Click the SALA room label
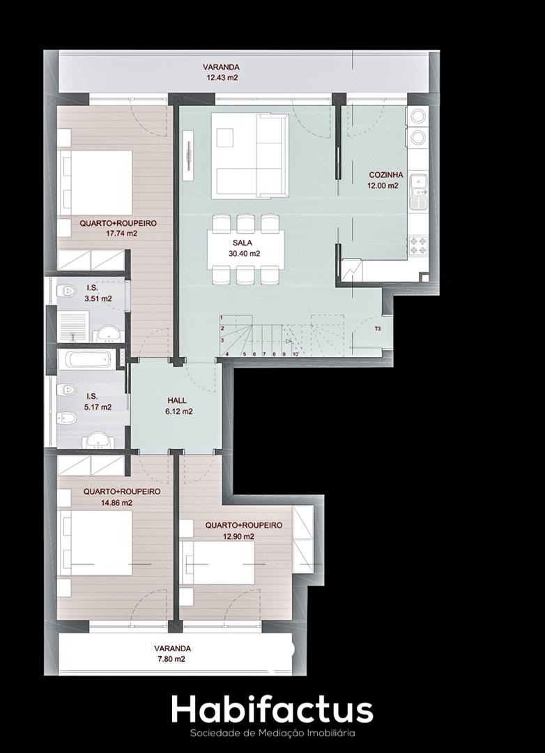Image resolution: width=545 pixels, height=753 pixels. (x=242, y=243)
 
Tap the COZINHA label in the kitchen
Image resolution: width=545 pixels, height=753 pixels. (x=386, y=175)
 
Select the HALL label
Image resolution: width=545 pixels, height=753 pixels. (x=177, y=400)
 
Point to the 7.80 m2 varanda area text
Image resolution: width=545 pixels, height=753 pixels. (x=173, y=660)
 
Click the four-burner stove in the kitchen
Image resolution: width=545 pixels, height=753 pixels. (x=417, y=245)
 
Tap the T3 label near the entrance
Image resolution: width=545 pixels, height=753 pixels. (x=378, y=329)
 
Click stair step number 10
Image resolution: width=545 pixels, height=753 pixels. (x=295, y=354)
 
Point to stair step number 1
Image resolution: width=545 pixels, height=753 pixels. (x=222, y=318)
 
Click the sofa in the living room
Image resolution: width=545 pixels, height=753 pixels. (x=250, y=155)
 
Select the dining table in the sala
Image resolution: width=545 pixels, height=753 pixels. (x=246, y=249)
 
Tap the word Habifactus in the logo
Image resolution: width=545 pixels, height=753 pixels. (x=272, y=710)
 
